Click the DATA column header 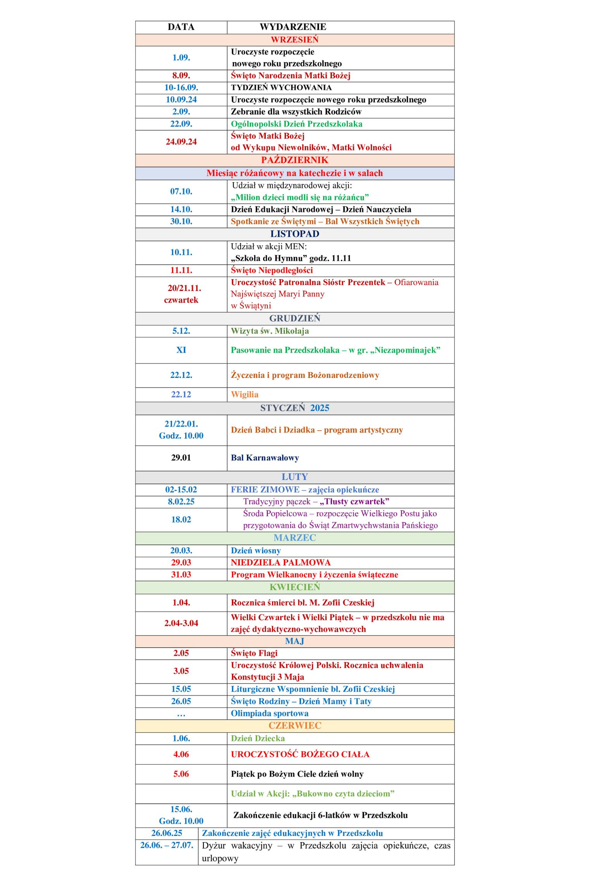tap(181, 27)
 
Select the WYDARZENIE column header tap(293, 27)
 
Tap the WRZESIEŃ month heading tap(295, 40)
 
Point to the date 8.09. tap(181, 76)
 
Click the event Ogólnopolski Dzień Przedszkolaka tap(296, 124)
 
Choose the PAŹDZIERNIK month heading tap(295, 160)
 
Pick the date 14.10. tap(181, 209)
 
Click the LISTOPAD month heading tap(295, 234)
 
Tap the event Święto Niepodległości tap(272, 270)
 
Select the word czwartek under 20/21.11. tap(181, 300)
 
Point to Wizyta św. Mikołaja tap(270, 331)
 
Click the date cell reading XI tap(181, 350)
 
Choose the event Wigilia tap(245, 395)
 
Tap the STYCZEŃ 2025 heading tap(295, 408)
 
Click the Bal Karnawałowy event tap(265, 458)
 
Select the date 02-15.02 tap(181, 489)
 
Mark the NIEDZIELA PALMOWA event tap(281, 562)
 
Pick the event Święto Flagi tap(254, 653)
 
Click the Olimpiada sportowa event tap(269, 713)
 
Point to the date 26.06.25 tap(167, 833)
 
